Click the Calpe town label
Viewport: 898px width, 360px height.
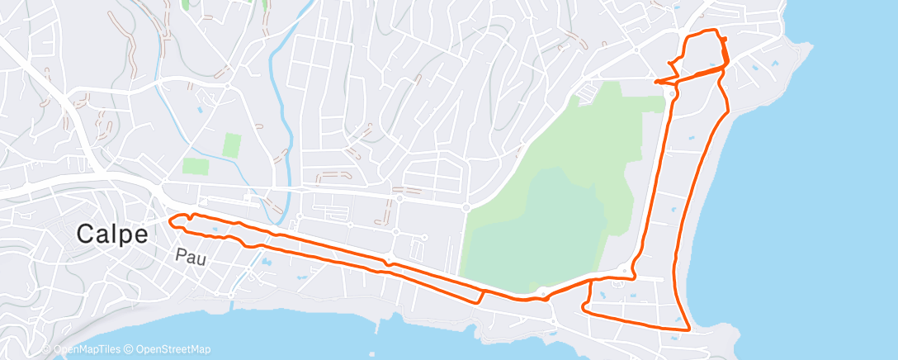(x=112, y=234)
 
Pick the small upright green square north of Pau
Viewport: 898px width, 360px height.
(x=232, y=146)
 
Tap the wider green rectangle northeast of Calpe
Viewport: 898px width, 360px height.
(x=196, y=165)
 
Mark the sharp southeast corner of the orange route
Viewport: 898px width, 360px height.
(x=688, y=329)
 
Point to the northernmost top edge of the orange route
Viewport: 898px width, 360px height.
(x=706, y=31)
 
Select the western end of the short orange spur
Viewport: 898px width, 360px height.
(x=655, y=82)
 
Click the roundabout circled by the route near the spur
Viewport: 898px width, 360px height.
(x=671, y=92)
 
